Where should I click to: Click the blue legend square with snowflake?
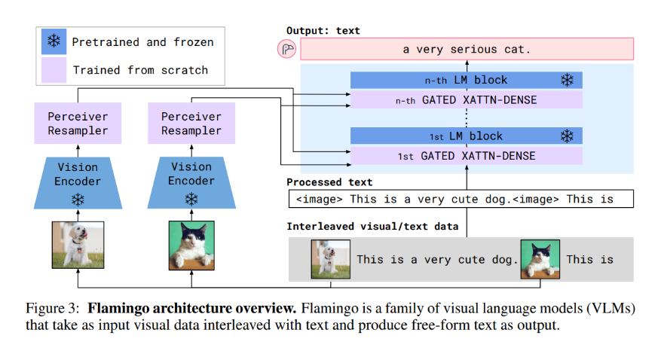53,42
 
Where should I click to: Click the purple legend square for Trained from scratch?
53,71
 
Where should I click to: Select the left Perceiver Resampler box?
78,124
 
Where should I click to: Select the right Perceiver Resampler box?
191,124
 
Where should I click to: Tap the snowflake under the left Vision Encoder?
78,199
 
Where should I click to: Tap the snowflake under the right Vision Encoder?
191,199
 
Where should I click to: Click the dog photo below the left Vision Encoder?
78,245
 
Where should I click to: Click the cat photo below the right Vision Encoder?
191,245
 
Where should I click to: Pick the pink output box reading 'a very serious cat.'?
467,50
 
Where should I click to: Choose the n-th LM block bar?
467,80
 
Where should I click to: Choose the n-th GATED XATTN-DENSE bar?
467,99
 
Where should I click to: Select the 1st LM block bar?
467,136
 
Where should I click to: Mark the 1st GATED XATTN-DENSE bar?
467,156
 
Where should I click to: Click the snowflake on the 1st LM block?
566,136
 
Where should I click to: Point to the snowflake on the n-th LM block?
566,80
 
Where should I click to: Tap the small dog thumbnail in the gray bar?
330,259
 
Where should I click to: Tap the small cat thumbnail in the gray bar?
540,259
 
